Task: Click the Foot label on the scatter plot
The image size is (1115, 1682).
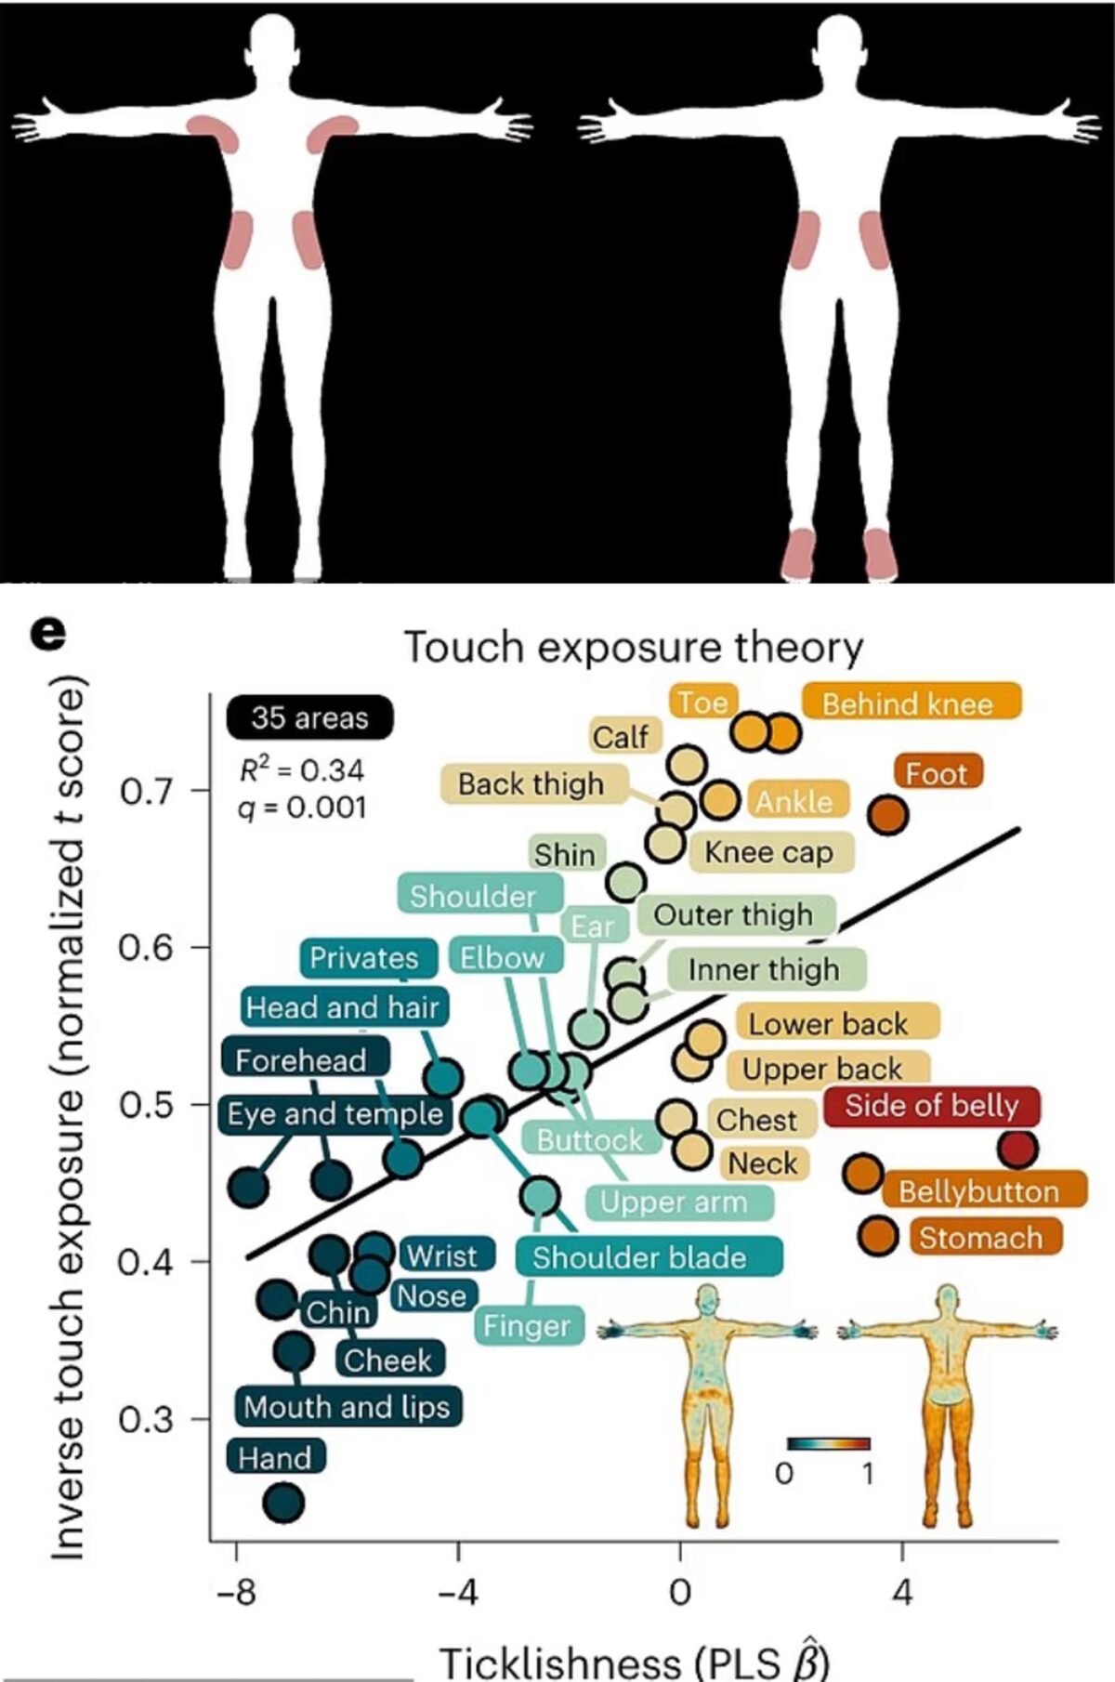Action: click(938, 772)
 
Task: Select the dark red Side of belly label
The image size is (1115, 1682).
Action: click(931, 1106)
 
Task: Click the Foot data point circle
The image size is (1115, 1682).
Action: click(887, 815)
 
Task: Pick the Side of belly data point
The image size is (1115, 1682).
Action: click(1017, 1149)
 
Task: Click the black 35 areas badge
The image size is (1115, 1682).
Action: click(309, 717)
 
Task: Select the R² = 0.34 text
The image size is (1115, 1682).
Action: click(302, 769)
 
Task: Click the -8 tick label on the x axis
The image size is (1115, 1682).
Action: click(237, 1592)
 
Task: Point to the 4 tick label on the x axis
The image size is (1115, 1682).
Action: click(902, 1592)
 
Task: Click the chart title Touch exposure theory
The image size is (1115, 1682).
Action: click(634, 648)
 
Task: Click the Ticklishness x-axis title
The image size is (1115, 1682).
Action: click(634, 1660)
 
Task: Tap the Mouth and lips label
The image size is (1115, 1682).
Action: click(348, 1406)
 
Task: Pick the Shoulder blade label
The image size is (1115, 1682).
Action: click(639, 1256)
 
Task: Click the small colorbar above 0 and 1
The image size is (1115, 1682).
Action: click(828, 1443)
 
